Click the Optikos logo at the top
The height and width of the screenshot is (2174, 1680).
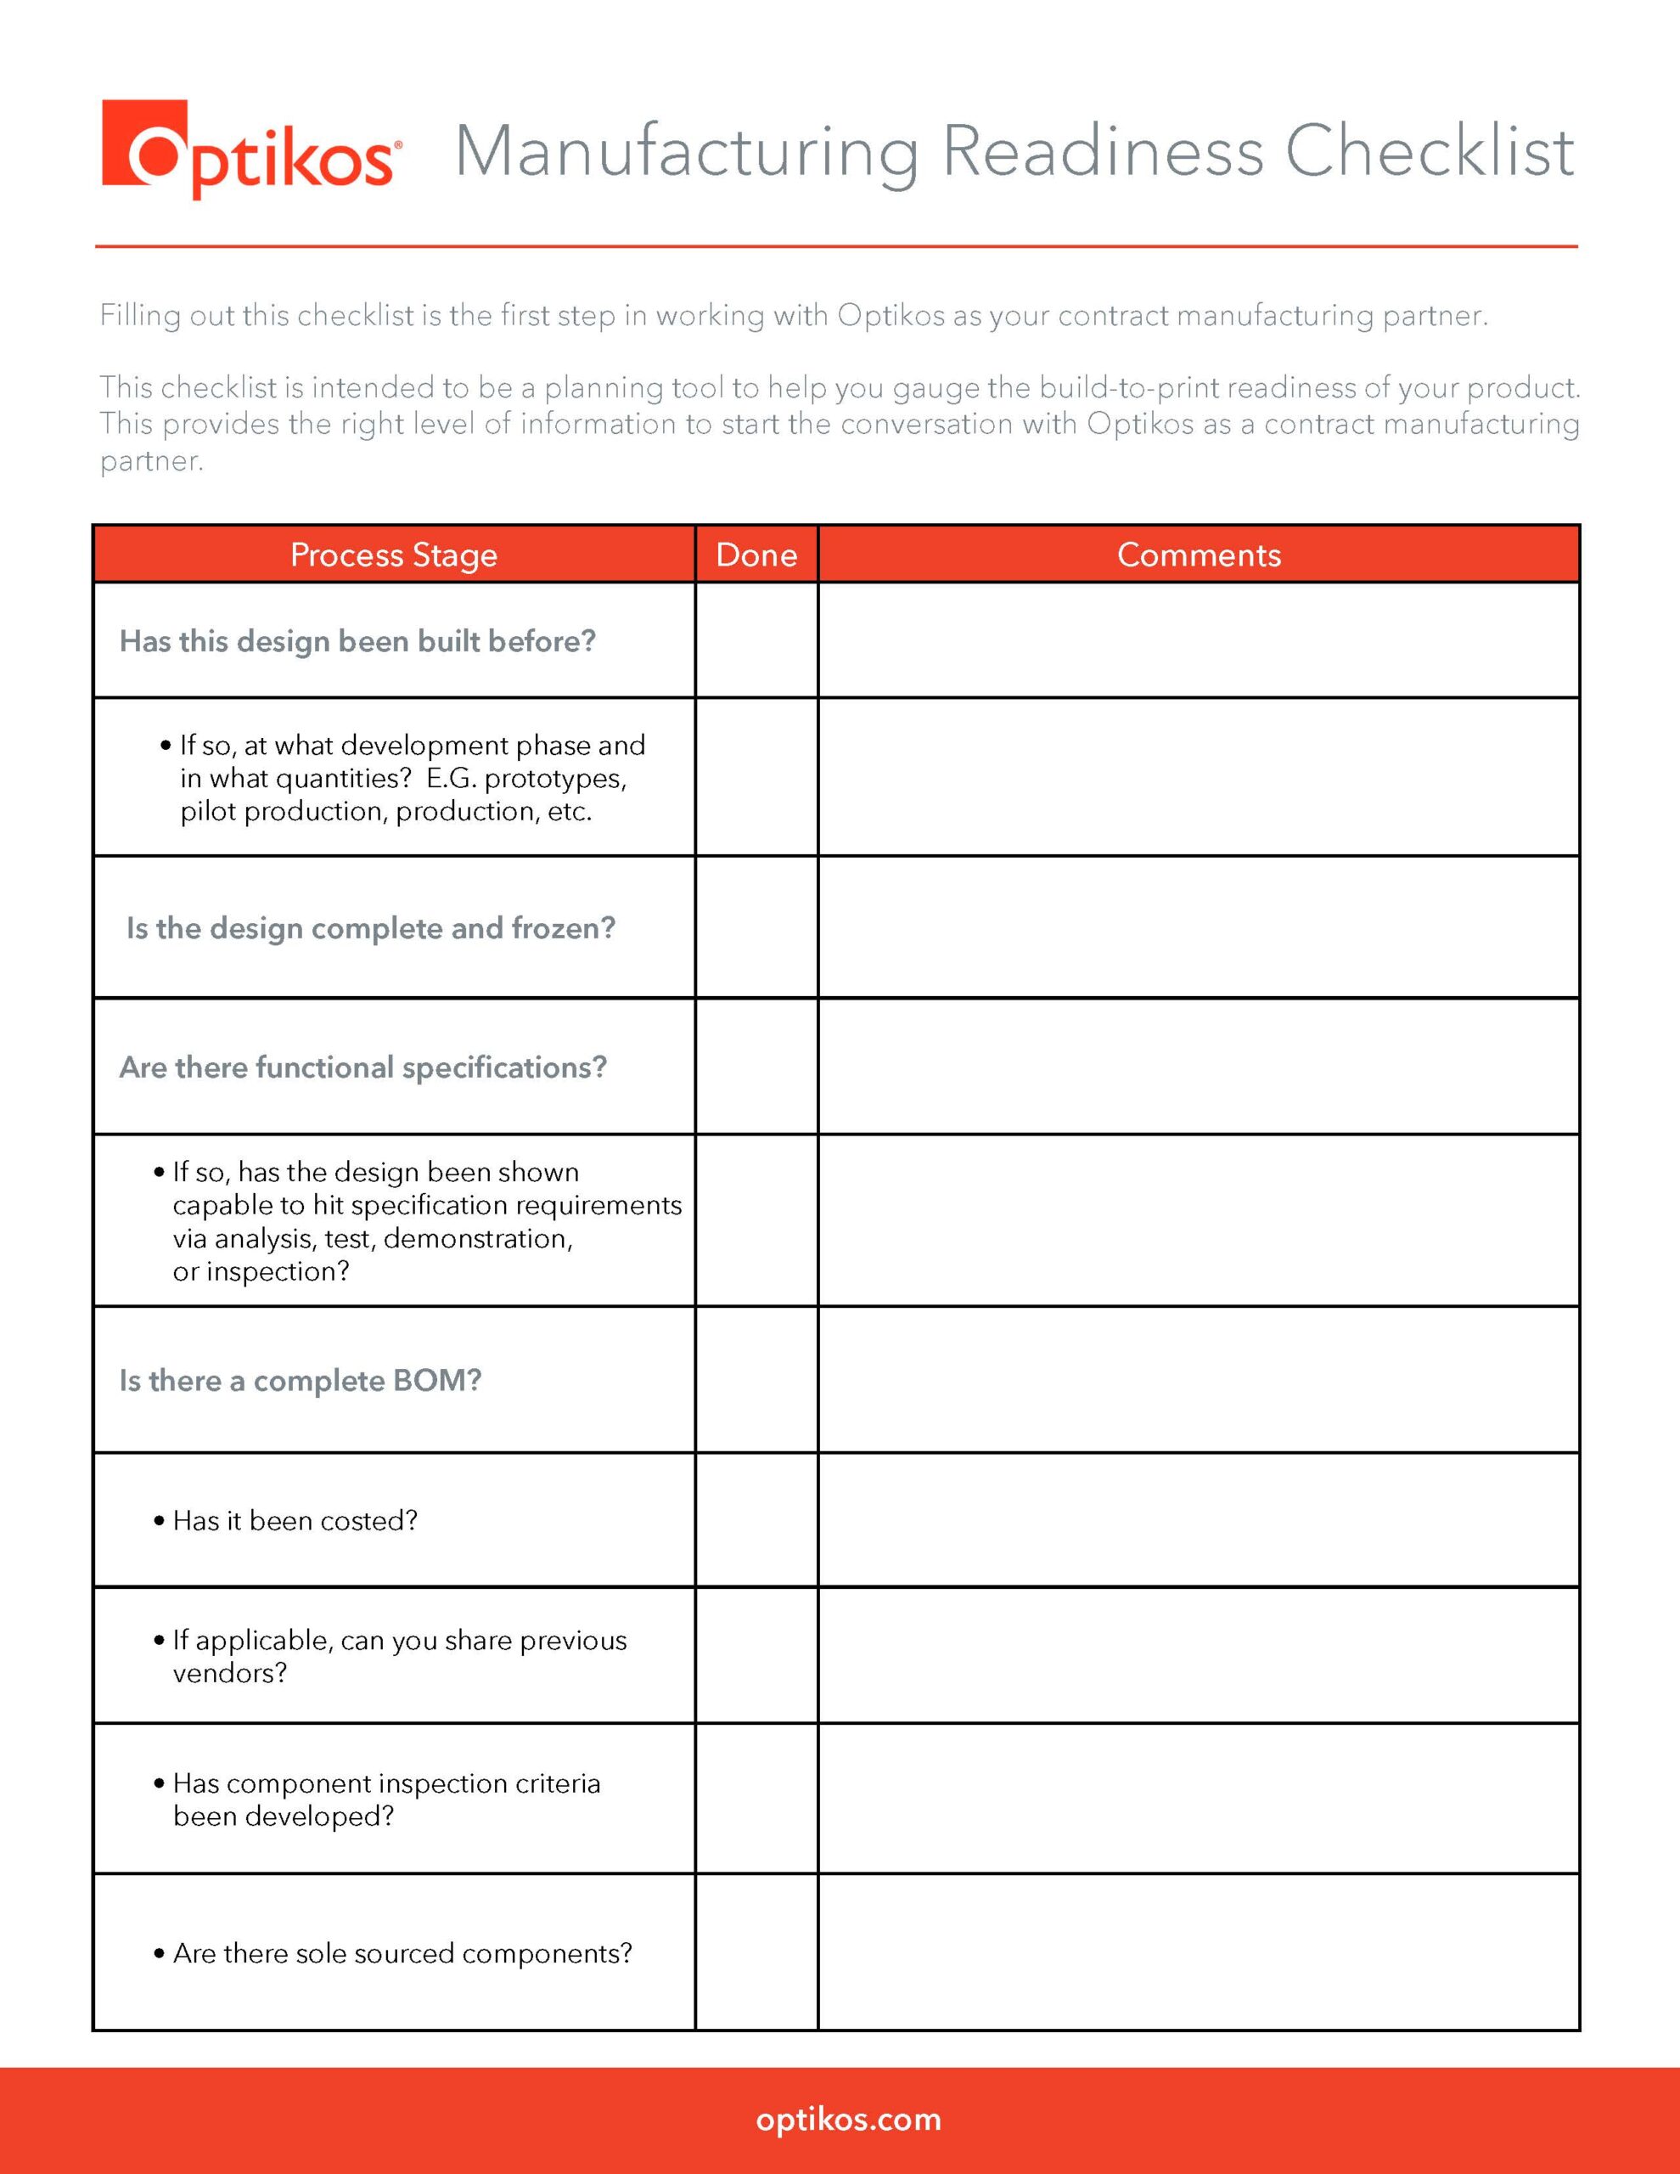point(250,149)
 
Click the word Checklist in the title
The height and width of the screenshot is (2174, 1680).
point(1430,151)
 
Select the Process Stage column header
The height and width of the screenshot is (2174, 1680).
point(393,555)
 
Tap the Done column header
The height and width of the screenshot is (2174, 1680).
point(756,555)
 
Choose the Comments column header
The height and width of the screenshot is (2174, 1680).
point(1199,555)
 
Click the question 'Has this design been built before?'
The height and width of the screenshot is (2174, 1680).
point(357,641)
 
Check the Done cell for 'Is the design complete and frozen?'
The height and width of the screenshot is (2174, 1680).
point(756,926)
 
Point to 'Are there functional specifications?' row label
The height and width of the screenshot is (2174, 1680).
point(362,1067)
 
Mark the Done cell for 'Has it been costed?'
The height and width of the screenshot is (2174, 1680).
point(756,1520)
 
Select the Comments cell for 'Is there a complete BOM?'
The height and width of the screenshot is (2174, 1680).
point(1199,1380)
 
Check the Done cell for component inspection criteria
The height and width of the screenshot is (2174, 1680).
point(756,1799)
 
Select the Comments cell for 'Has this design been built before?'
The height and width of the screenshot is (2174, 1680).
point(1199,640)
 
